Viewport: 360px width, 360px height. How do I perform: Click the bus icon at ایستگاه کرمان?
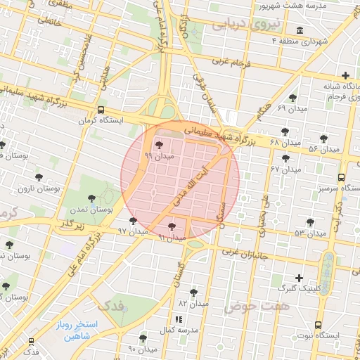[101, 110]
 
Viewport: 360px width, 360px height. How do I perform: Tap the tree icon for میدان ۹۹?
[167, 143]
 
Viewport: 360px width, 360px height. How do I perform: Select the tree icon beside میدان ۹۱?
[172, 226]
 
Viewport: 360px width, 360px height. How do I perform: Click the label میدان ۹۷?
[133, 231]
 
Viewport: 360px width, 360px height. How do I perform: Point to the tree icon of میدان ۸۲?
[193, 292]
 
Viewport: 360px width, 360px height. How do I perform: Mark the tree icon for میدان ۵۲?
[323, 139]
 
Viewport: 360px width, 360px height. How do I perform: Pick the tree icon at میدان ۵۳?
[310, 222]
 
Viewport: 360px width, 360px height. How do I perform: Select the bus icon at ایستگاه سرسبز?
[342, 178]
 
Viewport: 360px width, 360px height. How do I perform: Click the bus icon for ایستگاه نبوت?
[319, 326]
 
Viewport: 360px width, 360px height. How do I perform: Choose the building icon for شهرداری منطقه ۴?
[300, 30]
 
